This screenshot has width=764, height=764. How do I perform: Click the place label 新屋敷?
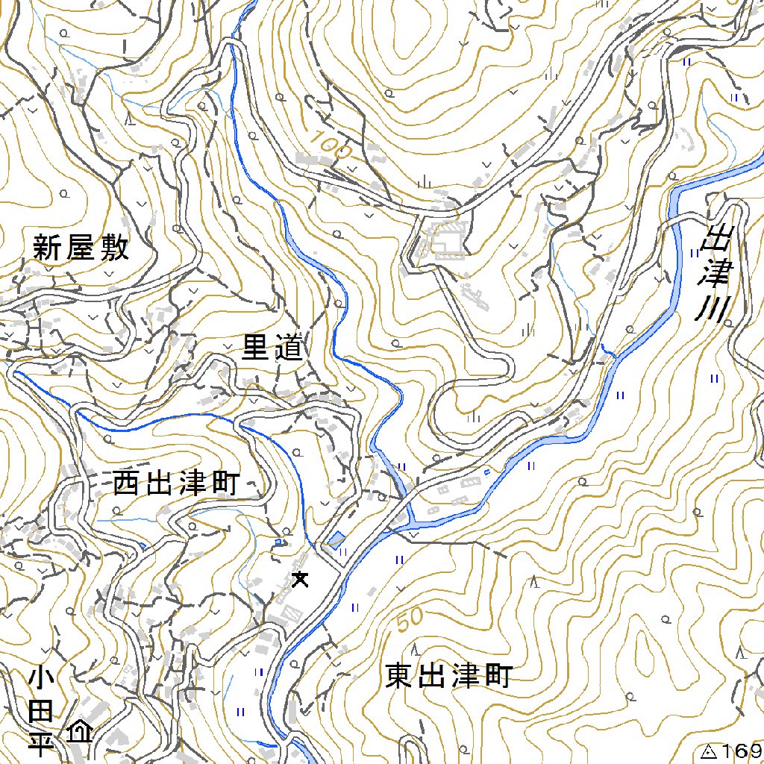[x=81, y=248]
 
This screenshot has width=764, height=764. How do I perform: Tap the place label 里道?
[x=273, y=348]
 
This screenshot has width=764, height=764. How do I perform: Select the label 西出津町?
[x=176, y=484]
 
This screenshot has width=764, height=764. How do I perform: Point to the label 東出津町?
[x=449, y=677]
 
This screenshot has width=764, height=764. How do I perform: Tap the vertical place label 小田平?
[x=41, y=713]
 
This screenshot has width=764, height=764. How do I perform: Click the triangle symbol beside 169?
[x=709, y=751]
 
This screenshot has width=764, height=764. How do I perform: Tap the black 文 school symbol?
[x=300, y=578]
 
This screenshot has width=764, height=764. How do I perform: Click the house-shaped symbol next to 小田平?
[x=79, y=730]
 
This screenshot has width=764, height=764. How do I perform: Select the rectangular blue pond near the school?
[x=336, y=538]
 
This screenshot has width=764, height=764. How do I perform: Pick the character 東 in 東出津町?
[x=401, y=677]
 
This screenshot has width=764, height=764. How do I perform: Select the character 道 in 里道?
[x=289, y=348]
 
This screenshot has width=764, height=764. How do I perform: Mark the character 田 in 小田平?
[x=41, y=713]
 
